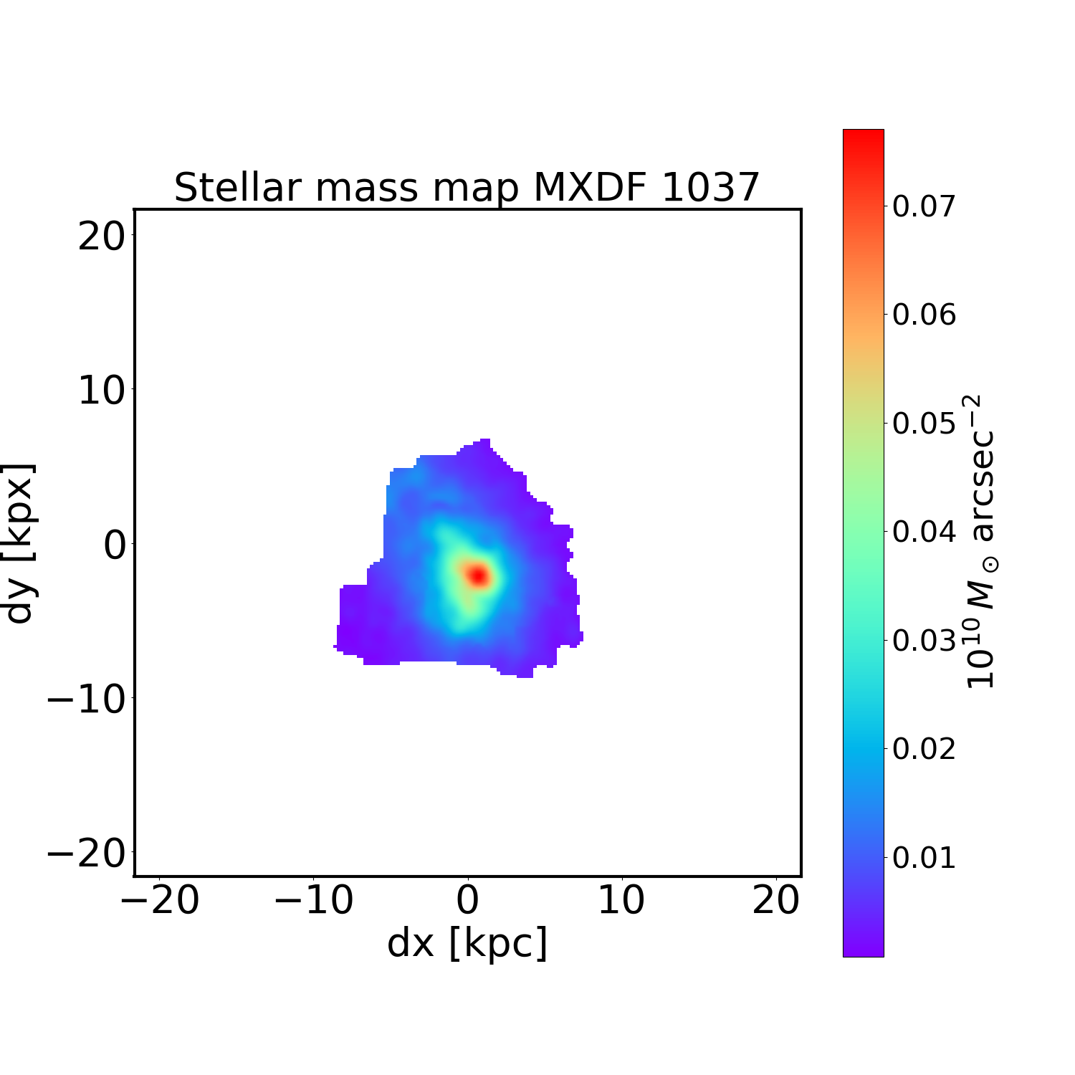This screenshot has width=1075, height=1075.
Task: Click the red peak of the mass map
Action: point(478,575)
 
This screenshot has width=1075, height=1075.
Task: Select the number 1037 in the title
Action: point(709,188)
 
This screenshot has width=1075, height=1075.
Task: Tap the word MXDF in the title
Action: point(591,188)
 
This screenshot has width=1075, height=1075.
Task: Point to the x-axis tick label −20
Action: point(159,901)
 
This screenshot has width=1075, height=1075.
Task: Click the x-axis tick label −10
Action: point(314,901)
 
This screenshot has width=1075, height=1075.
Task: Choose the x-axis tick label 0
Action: point(467,901)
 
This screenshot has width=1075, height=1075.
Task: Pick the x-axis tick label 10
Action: point(621,901)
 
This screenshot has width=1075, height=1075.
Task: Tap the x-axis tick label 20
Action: point(775,901)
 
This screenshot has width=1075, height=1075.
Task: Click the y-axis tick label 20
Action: point(102,236)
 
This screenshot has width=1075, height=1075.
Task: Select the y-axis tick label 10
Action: point(102,391)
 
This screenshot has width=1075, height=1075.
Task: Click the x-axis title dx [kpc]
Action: point(467,943)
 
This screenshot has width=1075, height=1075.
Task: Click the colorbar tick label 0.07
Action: point(924,206)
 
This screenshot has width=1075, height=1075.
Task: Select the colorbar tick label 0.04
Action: point(924,532)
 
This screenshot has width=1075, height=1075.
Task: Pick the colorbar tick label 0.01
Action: point(924,857)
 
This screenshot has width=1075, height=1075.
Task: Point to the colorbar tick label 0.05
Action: point(924,424)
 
